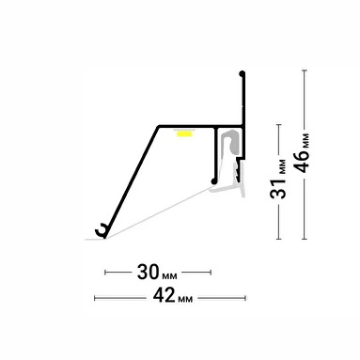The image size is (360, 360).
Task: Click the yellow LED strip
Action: click(x=184, y=134)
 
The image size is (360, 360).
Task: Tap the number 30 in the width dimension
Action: click(x=149, y=272)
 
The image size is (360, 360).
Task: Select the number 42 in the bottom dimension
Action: click(x=164, y=295)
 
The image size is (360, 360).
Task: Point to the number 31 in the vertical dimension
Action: click(x=278, y=189)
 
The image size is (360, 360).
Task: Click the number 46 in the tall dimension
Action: click(x=302, y=162)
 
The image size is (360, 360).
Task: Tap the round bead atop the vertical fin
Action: click(x=242, y=74)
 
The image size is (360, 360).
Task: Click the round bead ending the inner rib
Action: click(x=213, y=181)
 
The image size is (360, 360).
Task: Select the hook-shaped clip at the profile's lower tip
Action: click(x=101, y=230)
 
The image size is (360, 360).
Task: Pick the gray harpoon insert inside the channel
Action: click(x=230, y=143)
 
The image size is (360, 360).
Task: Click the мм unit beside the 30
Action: click(x=169, y=275)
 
